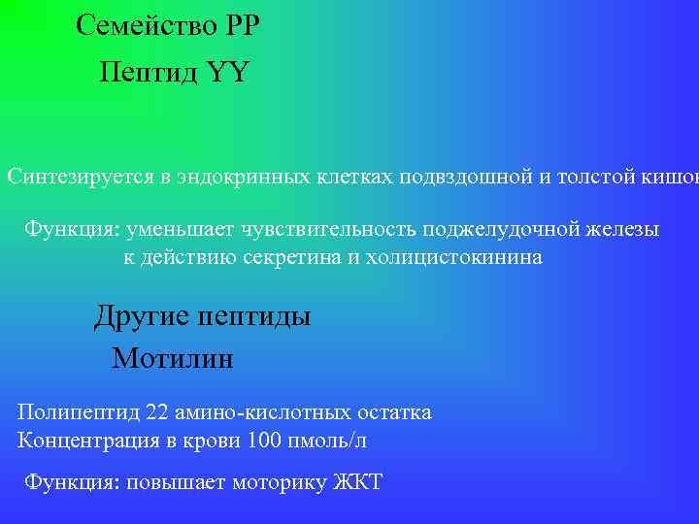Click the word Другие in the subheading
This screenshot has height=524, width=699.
coord(141,316)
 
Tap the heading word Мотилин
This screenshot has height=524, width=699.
coord(173,359)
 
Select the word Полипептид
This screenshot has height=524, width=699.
coord(79,412)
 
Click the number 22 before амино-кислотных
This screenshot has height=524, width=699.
coord(157,412)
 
